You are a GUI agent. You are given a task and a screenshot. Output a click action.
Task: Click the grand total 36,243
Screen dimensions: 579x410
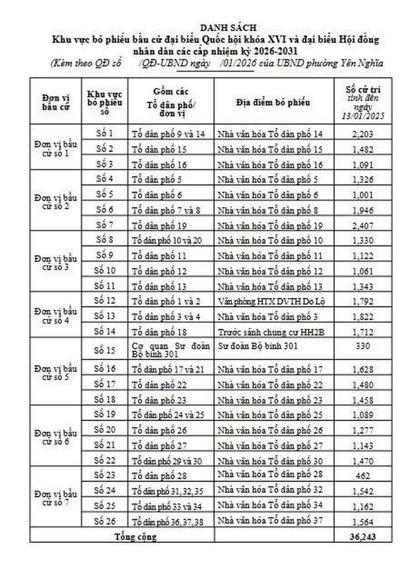pos(363,536)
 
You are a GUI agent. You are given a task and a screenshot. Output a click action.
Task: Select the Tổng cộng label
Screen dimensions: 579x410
pos(135,536)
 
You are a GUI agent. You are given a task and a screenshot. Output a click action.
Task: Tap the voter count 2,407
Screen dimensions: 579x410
pos(363,226)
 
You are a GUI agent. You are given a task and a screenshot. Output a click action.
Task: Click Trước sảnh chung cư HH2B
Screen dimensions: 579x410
pos(265,331)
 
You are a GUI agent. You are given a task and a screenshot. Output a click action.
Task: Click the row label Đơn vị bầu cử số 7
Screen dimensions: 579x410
pos(55,498)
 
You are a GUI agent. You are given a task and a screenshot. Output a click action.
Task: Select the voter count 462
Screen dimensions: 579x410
pos(363,475)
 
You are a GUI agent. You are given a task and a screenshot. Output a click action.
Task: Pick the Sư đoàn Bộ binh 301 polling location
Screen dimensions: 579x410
pos(250,346)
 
